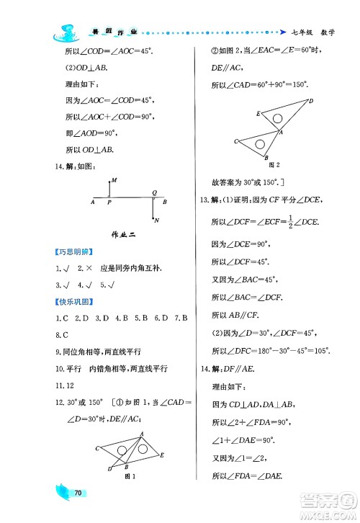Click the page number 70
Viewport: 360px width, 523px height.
point(80,493)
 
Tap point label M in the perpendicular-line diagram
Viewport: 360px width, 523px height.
point(114,179)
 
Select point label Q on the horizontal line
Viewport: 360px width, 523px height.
point(154,192)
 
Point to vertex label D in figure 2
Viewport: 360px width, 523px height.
point(311,101)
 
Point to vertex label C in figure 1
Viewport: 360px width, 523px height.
point(96,448)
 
